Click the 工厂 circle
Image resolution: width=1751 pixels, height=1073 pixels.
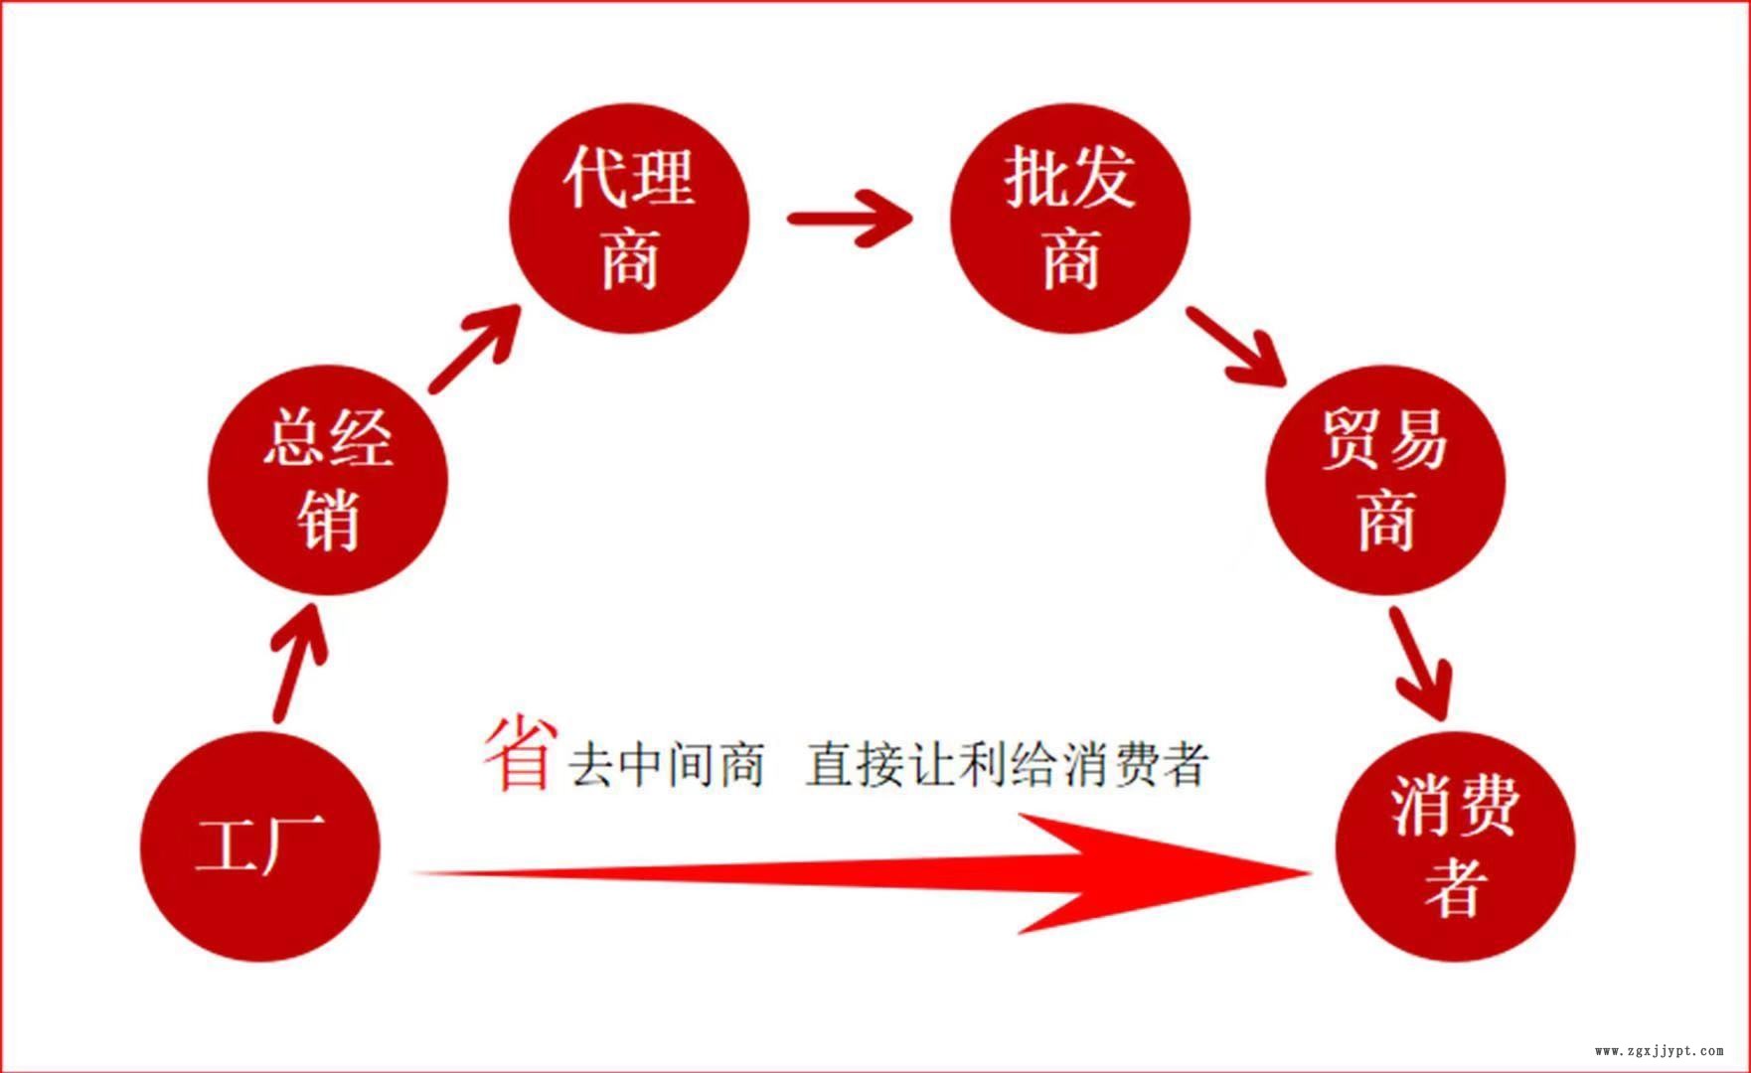tap(260, 846)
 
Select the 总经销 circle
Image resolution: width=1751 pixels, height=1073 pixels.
tap(328, 480)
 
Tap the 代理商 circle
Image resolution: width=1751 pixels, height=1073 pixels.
tap(629, 218)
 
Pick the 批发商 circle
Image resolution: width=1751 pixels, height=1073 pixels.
tap(1070, 218)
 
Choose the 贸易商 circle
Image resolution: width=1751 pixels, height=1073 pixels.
tap(1385, 480)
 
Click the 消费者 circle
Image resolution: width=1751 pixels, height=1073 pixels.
tap(1456, 846)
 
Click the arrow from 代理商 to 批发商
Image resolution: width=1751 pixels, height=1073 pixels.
tap(850, 218)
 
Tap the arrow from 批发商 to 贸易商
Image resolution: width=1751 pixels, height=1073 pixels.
tap(1236, 346)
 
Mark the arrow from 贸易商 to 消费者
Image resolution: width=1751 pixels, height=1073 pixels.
tap(1421, 663)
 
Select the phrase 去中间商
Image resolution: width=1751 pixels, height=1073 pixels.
tap(666, 764)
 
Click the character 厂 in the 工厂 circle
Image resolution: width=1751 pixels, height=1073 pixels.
tap(294, 845)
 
